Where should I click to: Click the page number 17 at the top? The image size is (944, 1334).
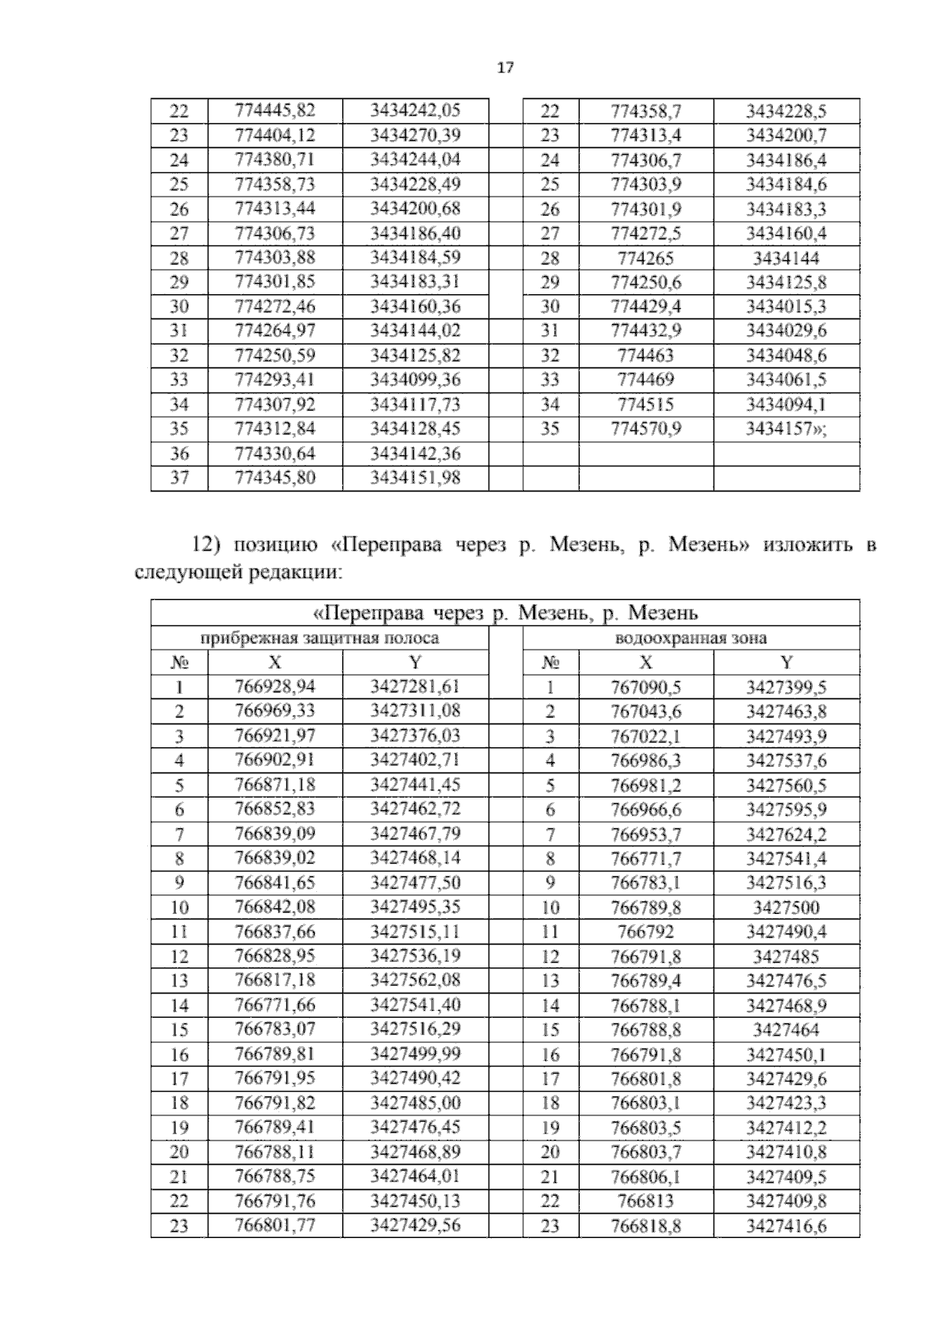[505, 68]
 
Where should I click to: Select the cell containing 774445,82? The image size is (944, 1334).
[275, 110]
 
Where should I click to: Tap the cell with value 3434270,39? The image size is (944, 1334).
[415, 135]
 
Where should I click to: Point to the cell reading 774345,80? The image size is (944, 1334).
[275, 478]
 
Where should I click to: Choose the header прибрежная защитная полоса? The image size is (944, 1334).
[319, 639]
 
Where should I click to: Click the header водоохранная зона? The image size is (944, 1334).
[691, 639]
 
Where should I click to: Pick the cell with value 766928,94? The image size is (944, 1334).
[275, 687]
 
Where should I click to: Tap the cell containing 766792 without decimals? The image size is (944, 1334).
[645, 932]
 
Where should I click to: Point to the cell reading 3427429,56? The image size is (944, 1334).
[415, 1225]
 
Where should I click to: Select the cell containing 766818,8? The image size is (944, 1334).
[645, 1226]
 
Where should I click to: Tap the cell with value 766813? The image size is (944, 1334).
[645, 1202]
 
